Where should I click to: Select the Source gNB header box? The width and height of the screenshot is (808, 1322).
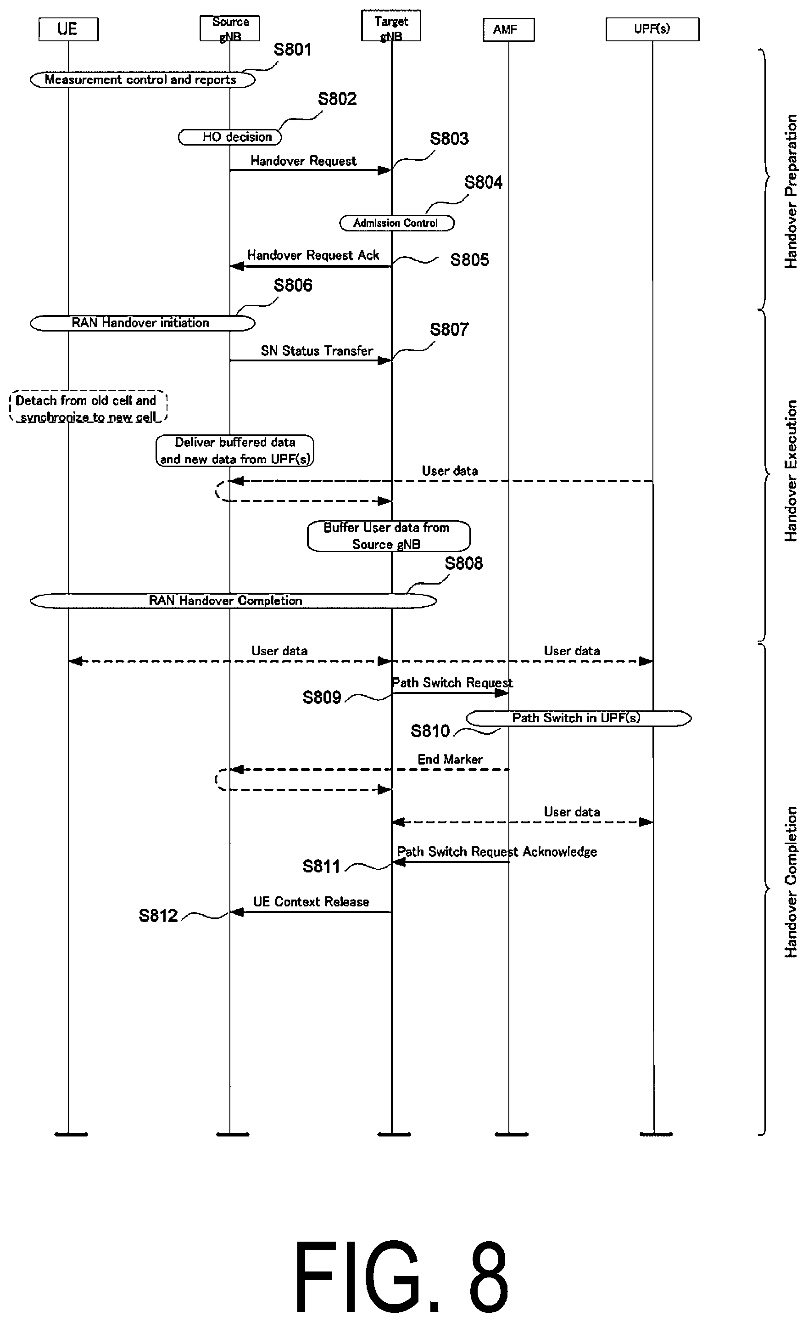[230, 28]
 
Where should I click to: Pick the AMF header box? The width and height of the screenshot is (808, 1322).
[509, 29]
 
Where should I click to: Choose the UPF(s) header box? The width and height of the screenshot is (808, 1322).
[652, 29]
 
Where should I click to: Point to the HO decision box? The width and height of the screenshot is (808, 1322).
[230, 137]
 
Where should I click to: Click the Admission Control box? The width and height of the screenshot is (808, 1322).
[397, 223]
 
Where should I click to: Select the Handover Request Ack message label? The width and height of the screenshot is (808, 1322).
[313, 255]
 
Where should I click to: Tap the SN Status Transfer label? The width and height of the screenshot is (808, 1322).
[317, 351]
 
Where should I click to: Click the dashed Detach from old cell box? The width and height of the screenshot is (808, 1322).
[89, 407]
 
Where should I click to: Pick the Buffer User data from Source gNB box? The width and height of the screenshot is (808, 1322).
[389, 536]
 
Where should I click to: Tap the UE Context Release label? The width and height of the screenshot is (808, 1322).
[312, 902]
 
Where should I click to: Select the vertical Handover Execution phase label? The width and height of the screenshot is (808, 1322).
[791, 471]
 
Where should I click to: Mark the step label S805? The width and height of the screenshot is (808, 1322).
[470, 260]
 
